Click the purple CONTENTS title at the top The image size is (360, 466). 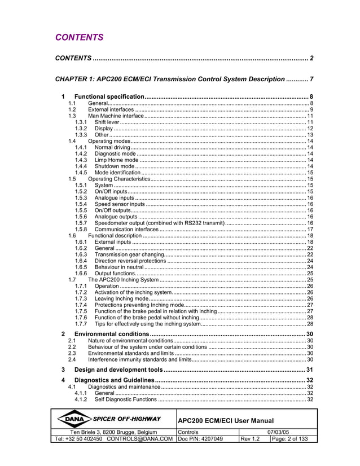pos(79,38)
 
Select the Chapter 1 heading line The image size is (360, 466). pos(170,79)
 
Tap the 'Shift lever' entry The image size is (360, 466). pos(107,122)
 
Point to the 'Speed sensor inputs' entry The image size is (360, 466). pos(120,204)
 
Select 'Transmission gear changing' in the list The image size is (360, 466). pos(129,255)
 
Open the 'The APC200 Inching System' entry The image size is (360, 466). pos(123,280)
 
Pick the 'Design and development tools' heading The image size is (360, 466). pos(118,370)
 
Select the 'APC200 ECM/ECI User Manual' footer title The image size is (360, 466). pos(226,421)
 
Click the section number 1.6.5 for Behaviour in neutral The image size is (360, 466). pos(81,267)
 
